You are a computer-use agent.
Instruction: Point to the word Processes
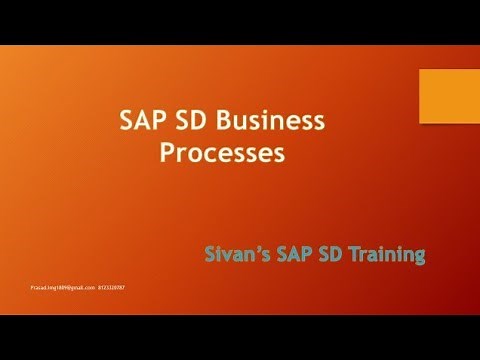(221, 154)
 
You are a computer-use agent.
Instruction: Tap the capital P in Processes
(165, 154)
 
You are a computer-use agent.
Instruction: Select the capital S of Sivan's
(207, 255)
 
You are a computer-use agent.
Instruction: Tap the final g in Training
(419, 258)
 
